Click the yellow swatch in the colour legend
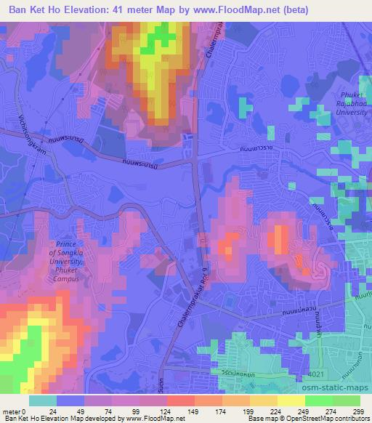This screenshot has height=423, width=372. coord(291,400)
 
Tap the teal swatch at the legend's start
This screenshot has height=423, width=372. coord(43,400)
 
